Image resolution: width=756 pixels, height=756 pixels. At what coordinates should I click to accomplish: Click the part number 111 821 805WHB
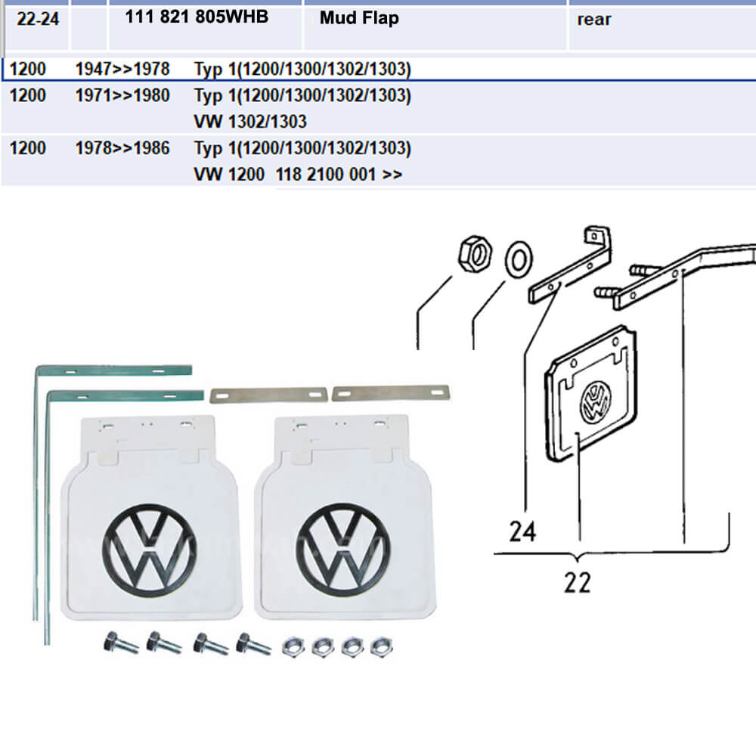[x=198, y=17]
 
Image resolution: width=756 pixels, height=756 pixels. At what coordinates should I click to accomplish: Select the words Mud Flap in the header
[x=358, y=18]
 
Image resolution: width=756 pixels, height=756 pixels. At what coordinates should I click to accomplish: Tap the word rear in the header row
[x=593, y=20]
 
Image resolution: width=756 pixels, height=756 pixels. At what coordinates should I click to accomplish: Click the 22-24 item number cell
[x=37, y=19]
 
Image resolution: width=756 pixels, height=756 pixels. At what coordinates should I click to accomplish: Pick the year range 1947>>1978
[x=122, y=70]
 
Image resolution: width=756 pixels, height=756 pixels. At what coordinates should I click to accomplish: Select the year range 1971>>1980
[x=122, y=96]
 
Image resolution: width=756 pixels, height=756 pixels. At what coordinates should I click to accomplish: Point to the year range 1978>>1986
[x=122, y=148]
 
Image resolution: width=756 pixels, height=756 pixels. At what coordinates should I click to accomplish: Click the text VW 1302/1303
[x=250, y=122]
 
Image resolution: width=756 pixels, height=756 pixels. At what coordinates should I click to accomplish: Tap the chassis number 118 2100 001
[x=327, y=175]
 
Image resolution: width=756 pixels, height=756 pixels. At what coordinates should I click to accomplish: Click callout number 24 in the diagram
[x=522, y=531]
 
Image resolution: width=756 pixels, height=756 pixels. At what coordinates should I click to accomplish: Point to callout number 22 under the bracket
[x=577, y=582]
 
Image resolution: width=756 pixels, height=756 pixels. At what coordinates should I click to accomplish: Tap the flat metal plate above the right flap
[x=392, y=392]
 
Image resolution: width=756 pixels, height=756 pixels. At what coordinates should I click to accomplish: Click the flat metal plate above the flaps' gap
[x=268, y=395]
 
